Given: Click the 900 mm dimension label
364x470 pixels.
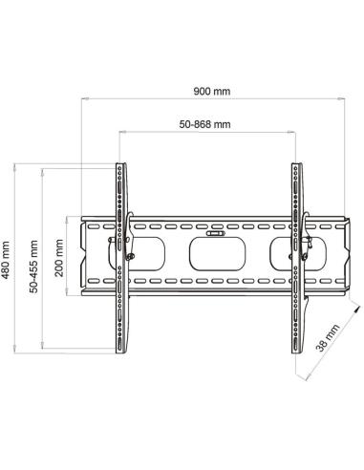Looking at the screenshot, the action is [212, 91].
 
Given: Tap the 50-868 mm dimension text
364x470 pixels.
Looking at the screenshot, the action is [204, 124].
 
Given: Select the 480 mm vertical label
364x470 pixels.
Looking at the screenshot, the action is [6, 260].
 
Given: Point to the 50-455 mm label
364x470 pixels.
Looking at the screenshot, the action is [33, 267].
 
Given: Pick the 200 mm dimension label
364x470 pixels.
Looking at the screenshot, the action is [59, 258].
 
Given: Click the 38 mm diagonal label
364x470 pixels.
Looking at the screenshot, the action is [328, 337].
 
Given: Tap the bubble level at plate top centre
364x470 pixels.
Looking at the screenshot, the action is [216, 233].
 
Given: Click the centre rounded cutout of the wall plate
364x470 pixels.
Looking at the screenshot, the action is [217, 254].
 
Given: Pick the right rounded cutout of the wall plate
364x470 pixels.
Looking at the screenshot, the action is [298, 254].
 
